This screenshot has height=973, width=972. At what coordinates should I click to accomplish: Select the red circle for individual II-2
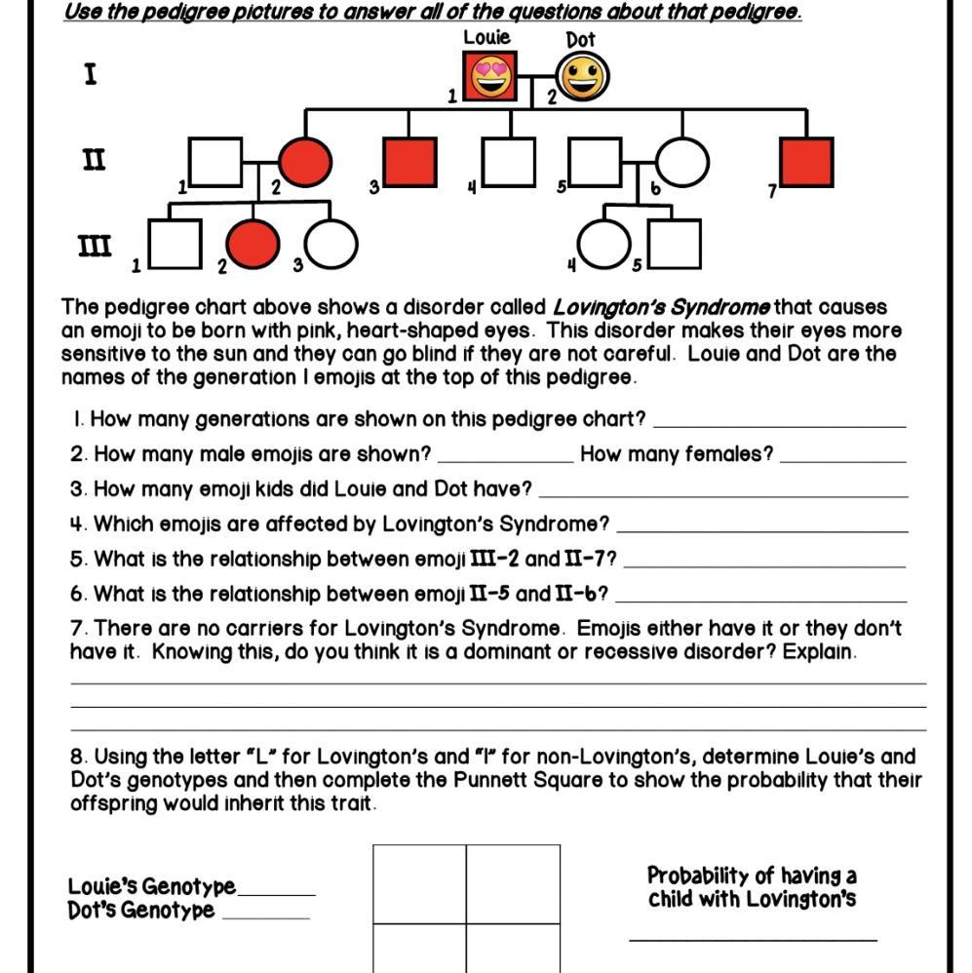pyautogui.click(x=305, y=162)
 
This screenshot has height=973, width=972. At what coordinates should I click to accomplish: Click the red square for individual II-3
pyautogui.click(x=409, y=162)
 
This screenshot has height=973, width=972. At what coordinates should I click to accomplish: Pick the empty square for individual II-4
pyautogui.click(x=509, y=162)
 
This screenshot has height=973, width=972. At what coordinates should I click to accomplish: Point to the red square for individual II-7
pyautogui.click(x=806, y=162)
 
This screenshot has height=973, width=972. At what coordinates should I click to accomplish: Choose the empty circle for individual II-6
pyautogui.click(x=681, y=162)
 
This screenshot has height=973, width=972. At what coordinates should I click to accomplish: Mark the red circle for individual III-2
pyautogui.click(x=253, y=244)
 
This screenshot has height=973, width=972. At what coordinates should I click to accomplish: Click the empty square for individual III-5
pyautogui.click(x=674, y=244)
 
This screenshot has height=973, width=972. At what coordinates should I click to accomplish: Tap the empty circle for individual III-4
pyautogui.click(x=603, y=244)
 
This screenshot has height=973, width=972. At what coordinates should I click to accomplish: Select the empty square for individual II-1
pyautogui.click(x=214, y=162)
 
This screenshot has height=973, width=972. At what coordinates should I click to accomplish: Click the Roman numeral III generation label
pyautogui.click(x=95, y=245)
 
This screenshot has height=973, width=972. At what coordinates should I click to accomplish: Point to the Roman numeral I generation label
pyautogui.click(x=91, y=74)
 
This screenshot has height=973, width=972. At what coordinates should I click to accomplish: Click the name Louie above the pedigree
pyautogui.click(x=486, y=38)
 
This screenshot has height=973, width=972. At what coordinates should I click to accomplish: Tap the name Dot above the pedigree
pyautogui.click(x=580, y=40)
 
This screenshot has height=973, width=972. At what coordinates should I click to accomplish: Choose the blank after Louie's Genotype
pyautogui.click(x=277, y=890)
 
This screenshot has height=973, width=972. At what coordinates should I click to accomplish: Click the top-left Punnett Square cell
pyautogui.click(x=419, y=883)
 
